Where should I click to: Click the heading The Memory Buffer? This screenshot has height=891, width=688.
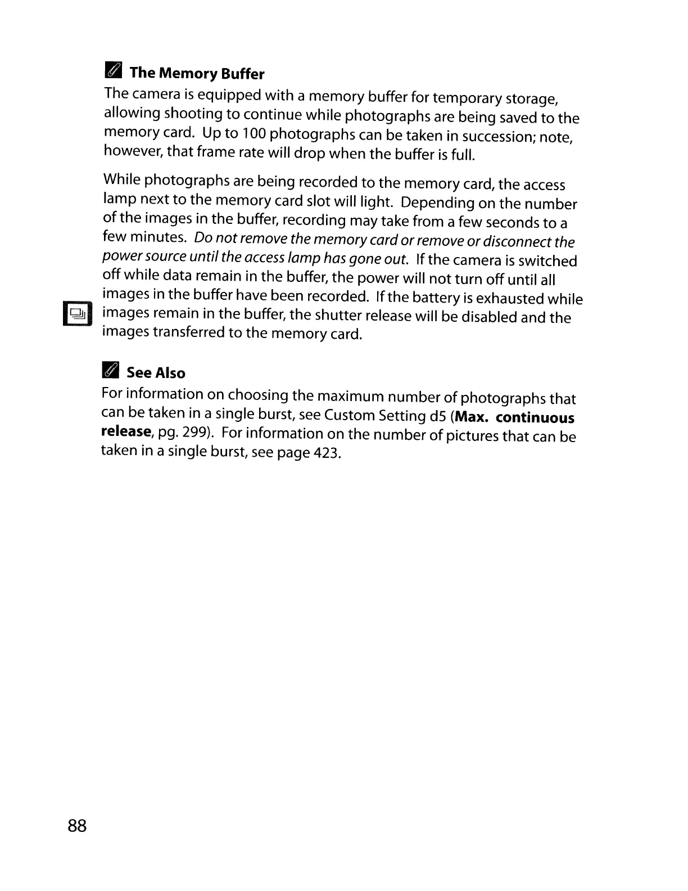click(197, 74)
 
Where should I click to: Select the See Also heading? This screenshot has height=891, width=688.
click(156, 373)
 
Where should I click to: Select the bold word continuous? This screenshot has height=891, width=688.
click(535, 418)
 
